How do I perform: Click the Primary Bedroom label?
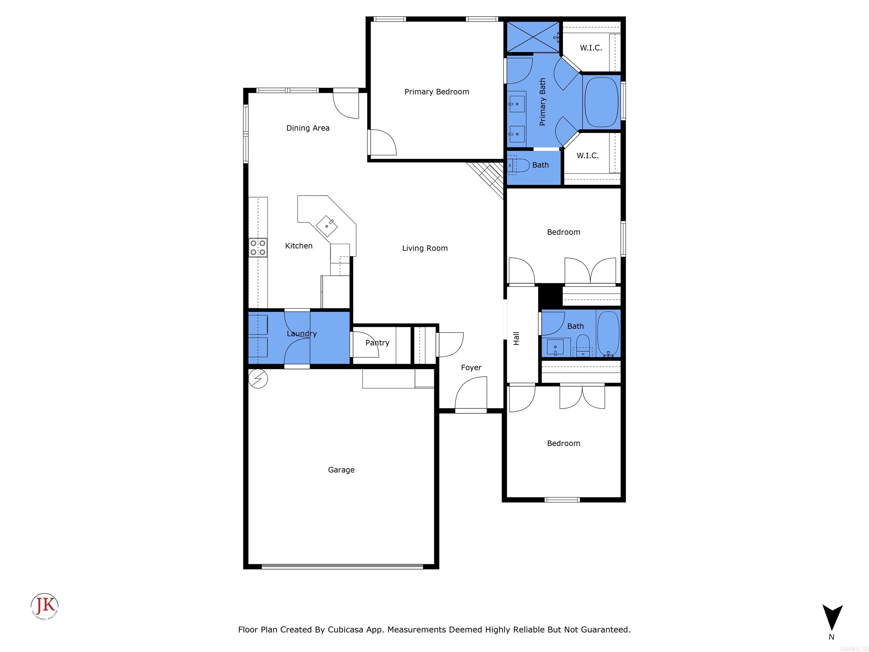tap(436, 92)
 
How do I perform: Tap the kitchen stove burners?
tap(258, 248)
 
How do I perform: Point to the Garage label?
tap(341, 470)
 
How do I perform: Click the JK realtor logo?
tap(45, 606)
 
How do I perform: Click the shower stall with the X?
tap(533, 37)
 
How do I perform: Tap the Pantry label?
tap(377, 343)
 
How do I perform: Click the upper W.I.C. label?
tap(590, 48)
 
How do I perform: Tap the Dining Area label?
tap(307, 128)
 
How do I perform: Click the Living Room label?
tap(425, 248)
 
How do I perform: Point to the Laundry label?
tap(301, 334)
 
